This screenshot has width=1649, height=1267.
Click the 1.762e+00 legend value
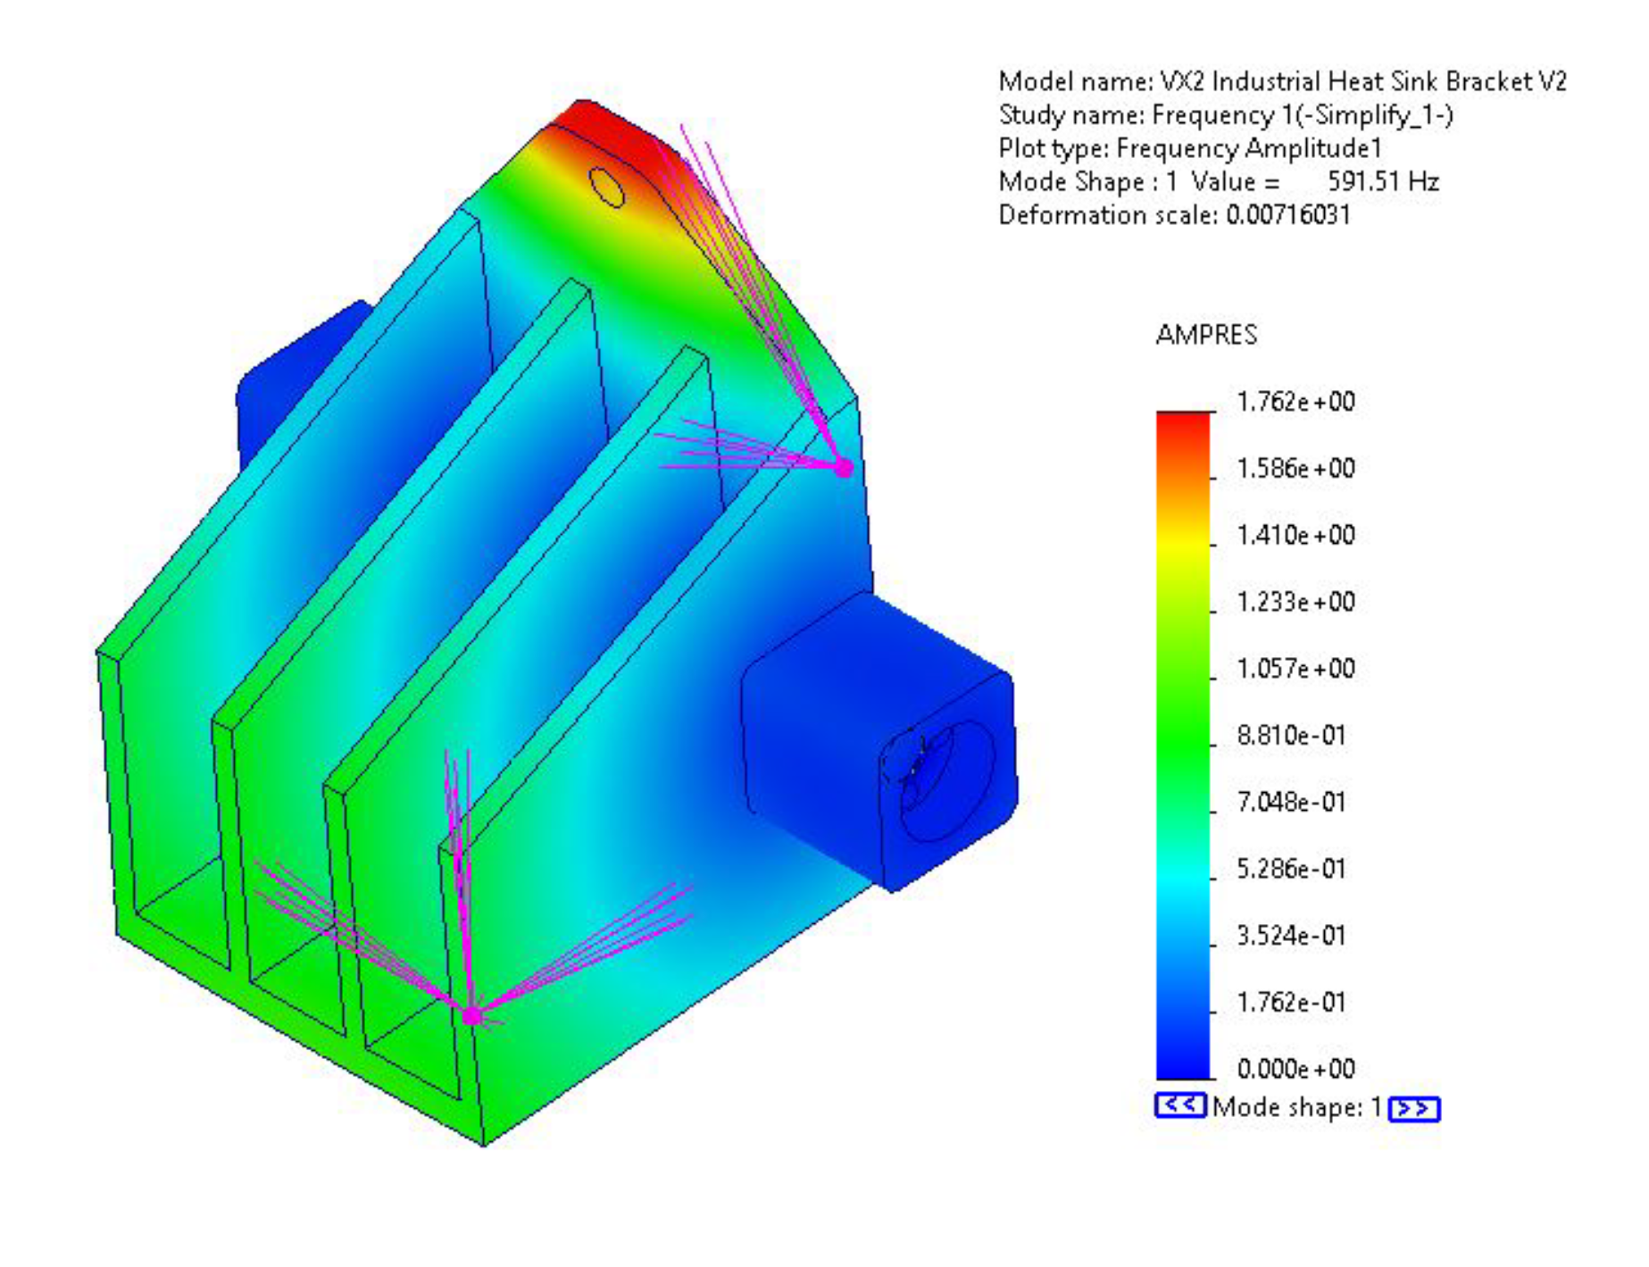[1295, 402]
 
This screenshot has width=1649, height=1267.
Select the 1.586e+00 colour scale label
[1295, 469]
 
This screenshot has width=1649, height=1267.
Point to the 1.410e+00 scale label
[1295, 536]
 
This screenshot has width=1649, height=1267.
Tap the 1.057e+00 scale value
[1295, 669]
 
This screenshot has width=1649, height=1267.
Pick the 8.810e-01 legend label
[1291, 736]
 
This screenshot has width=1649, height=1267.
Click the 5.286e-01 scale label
[1291, 869]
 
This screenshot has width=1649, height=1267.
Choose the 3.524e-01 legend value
[1291, 936]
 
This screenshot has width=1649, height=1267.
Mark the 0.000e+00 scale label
[1295, 1069]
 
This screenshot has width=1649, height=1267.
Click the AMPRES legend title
[1206, 335]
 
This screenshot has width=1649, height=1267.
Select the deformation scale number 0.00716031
[1287, 215]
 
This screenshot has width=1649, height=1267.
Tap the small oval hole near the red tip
[607, 187]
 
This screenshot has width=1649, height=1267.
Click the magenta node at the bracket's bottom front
[471, 1015]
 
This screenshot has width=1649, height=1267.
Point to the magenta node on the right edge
[843, 467]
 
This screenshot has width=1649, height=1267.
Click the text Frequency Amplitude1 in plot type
[1248, 148]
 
